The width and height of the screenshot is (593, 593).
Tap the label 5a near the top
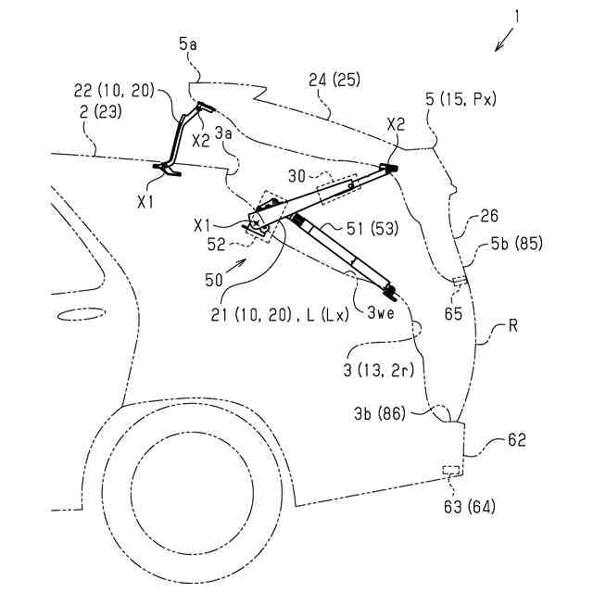189,43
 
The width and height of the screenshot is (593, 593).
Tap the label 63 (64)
471,505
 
